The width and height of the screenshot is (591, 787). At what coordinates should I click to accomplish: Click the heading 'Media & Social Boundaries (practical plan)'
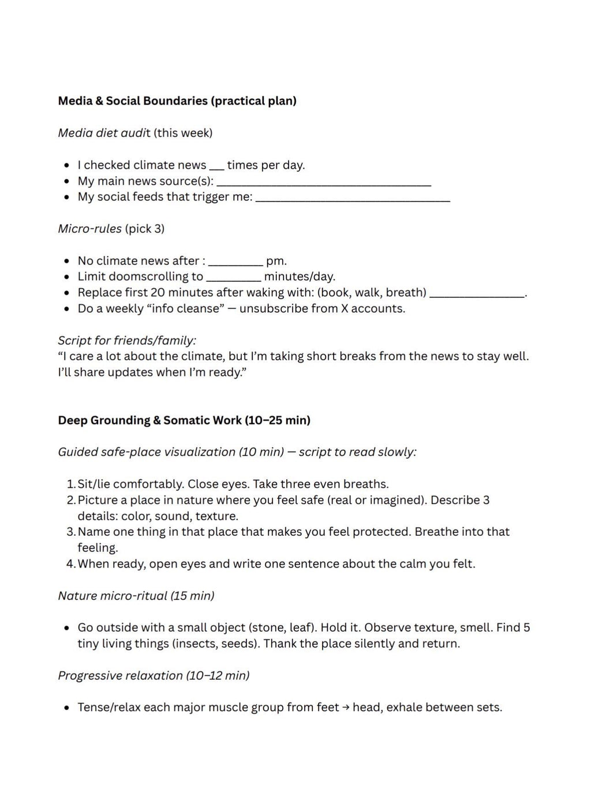pyautogui.click(x=177, y=101)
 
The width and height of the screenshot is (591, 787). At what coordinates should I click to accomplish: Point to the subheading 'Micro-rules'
pyautogui.click(x=89, y=229)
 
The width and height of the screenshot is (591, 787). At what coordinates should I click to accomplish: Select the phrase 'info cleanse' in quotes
pyautogui.click(x=186, y=308)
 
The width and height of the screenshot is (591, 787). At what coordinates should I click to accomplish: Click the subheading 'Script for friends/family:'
pyautogui.click(x=127, y=340)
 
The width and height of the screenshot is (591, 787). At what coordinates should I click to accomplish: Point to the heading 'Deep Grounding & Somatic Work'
pyautogui.click(x=150, y=420)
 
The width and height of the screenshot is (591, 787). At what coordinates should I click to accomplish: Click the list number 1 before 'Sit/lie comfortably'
pyautogui.click(x=70, y=484)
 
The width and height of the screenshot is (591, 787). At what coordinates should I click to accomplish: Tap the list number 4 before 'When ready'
pyautogui.click(x=70, y=564)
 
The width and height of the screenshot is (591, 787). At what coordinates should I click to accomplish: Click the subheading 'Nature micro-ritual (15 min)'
pyautogui.click(x=136, y=596)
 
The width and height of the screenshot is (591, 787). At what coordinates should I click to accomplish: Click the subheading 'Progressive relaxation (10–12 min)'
pyautogui.click(x=154, y=676)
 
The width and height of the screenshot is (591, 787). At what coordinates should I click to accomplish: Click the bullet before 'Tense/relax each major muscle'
pyautogui.click(x=67, y=708)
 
